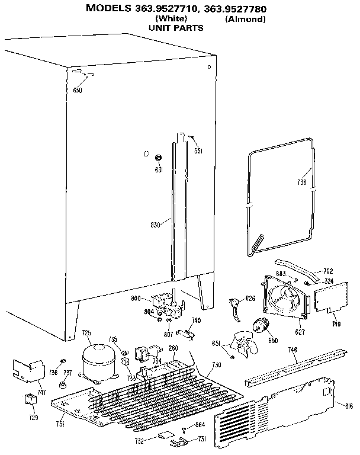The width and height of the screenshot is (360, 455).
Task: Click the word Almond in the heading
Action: (245, 20)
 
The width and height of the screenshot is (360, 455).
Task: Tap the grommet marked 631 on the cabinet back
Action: (159, 158)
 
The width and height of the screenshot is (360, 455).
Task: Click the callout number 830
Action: (156, 225)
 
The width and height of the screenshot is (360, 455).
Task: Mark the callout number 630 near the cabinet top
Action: (78, 90)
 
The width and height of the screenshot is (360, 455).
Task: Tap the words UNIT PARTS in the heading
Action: (176, 28)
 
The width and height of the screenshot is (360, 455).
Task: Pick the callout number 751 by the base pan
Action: (61, 423)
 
